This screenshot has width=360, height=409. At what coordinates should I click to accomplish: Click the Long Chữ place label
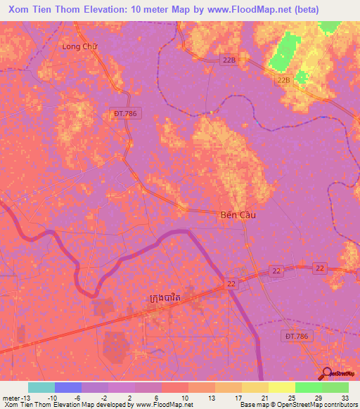click(x=79, y=46)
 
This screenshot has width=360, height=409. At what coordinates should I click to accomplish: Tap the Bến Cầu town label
click(x=233, y=216)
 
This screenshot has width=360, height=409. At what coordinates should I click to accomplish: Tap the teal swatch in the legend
click(x=41, y=387)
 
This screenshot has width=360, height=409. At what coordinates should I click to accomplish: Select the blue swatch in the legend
click(x=67, y=387)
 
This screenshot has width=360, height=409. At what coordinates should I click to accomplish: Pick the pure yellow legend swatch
click(x=281, y=387)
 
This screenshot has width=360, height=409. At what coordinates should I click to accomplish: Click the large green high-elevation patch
click(x=283, y=51)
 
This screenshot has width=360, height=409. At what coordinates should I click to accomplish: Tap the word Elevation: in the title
click(x=109, y=10)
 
